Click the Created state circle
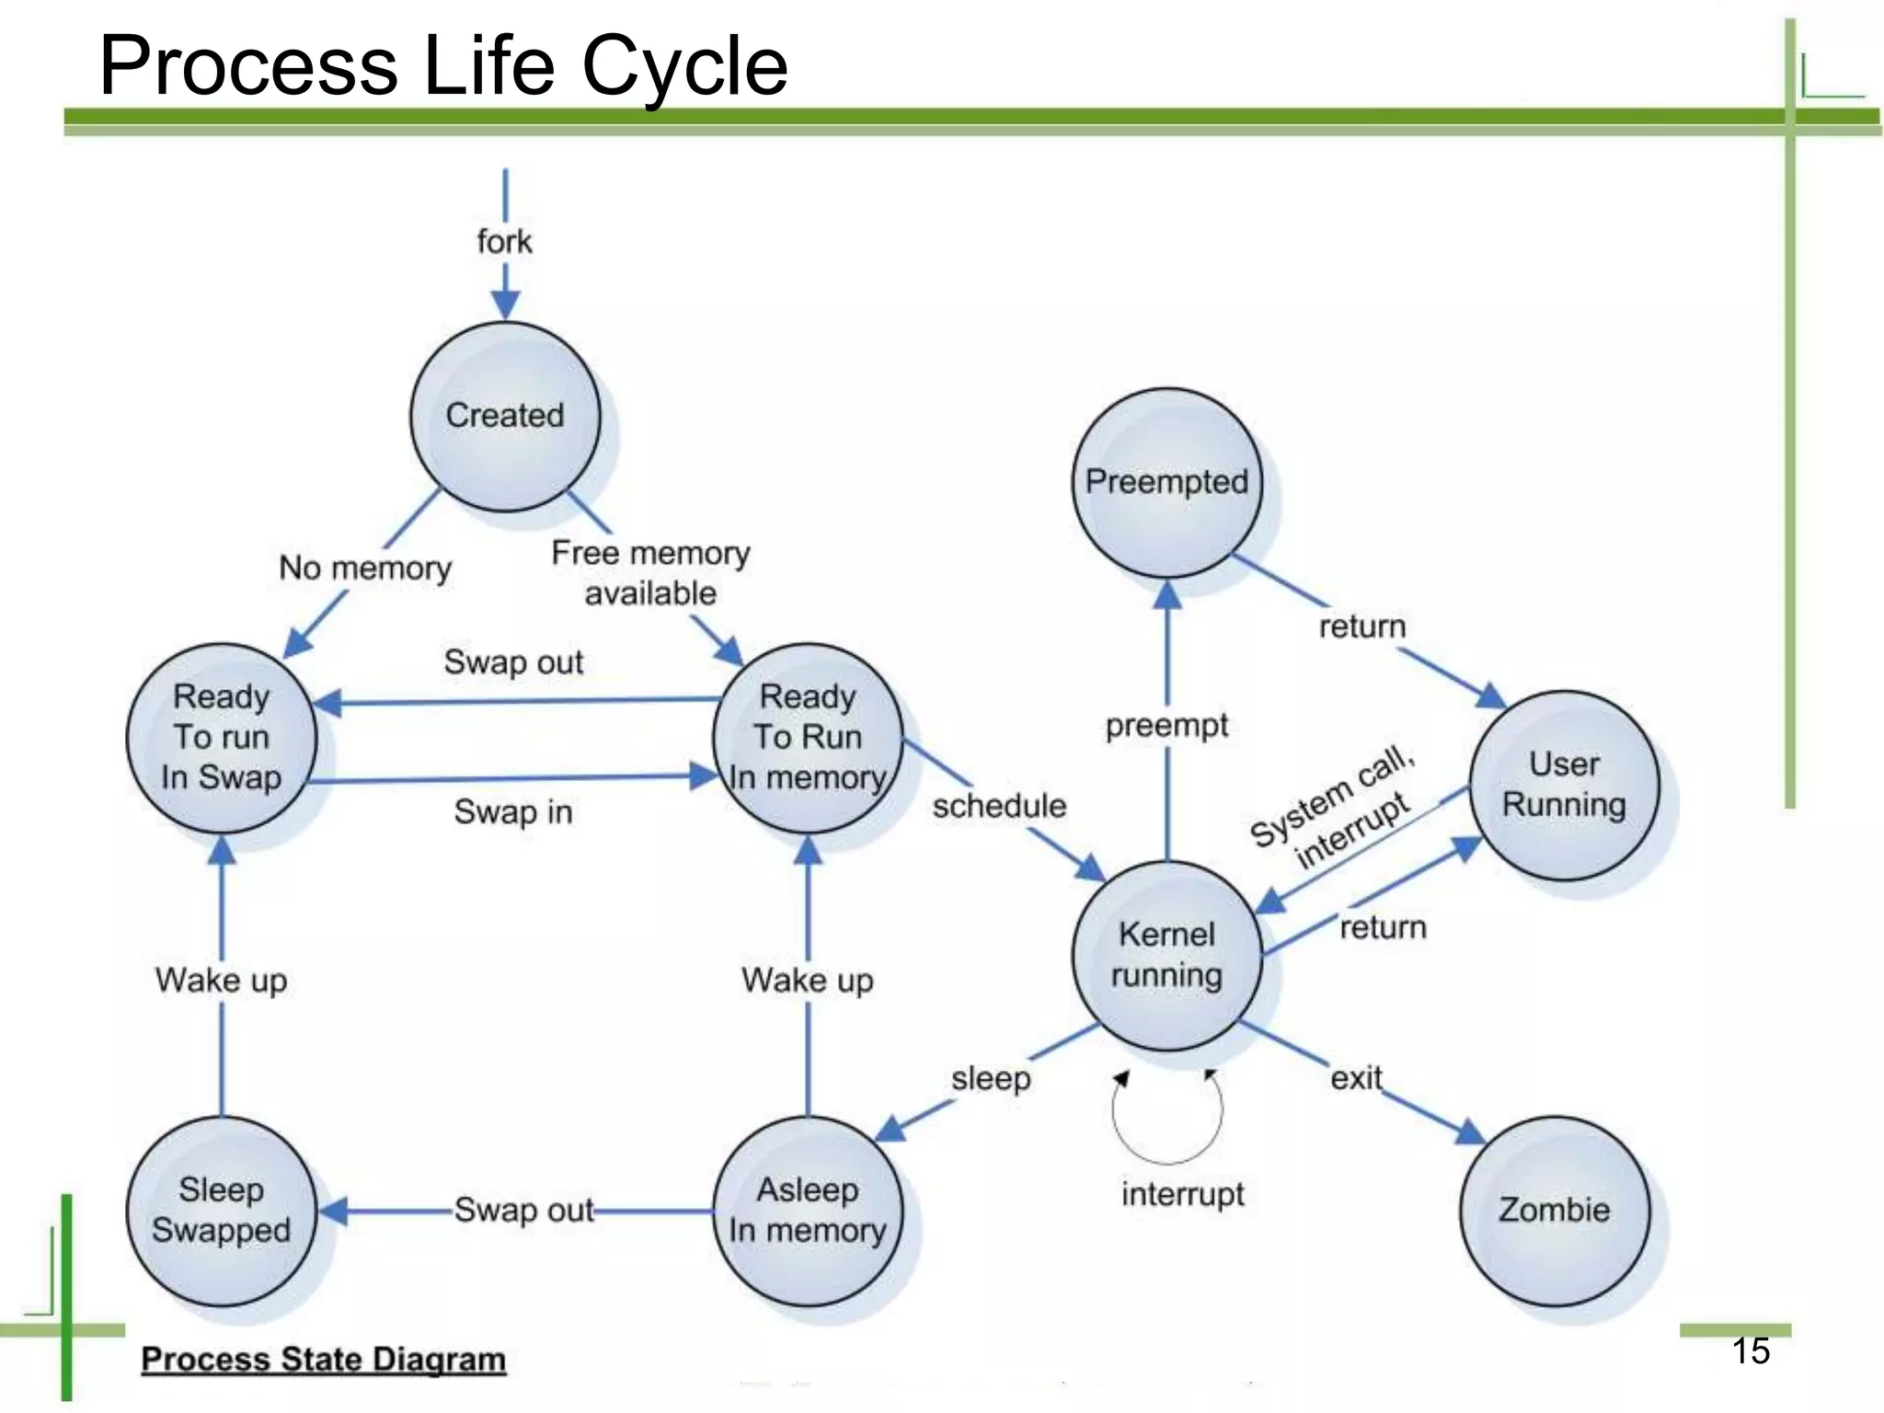(x=505, y=416)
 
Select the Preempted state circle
(x=1166, y=482)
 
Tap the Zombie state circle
(x=1554, y=1210)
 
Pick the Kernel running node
(x=1166, y=955)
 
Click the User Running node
(x=1564, y=785)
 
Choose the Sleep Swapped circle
(x=221, y=1210)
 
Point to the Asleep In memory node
(x=808, y=1210)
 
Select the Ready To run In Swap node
(x=221, y=737)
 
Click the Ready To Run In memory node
(x=808, y=737)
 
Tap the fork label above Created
(x=504, y=242)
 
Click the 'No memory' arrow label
(x=365, y=568)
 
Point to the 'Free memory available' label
(x=650, y=573)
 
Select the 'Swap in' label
(x=513, y=812)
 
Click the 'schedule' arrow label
(x=999, y=806)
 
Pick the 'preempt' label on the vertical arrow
(x=1166, y=726)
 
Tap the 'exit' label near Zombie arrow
(x=1356, y=1077)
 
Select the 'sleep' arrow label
(x=991, y=1078)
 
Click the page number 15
(x=1751, y=1350)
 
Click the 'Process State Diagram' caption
(x=323, y=1360)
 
